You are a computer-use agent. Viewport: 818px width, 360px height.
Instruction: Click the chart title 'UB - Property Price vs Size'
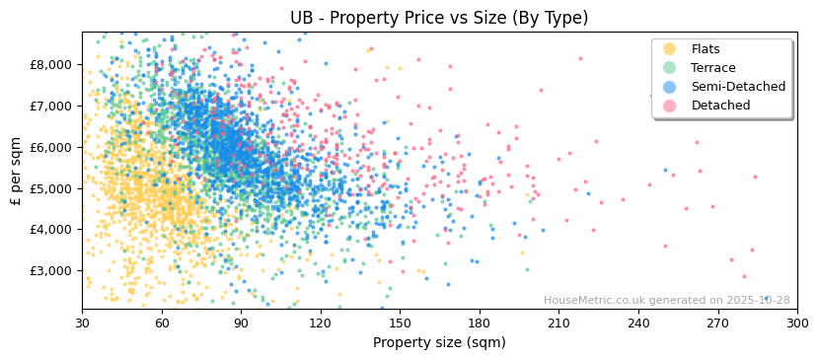(439, 18)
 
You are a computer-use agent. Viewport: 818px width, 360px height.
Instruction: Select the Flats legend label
(706, 49)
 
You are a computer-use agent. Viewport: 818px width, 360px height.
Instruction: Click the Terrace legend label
(713, 68)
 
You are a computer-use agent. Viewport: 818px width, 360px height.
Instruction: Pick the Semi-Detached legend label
(738, 87)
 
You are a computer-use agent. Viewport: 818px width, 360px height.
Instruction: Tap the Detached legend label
(720, 106)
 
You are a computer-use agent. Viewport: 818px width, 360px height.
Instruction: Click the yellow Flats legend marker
(670, 49)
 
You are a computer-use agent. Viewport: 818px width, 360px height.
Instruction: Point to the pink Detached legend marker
(670, 106)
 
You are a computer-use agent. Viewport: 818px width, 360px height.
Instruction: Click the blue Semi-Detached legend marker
(670, 87)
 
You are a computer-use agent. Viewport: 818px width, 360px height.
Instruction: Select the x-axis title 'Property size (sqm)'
(439, 343)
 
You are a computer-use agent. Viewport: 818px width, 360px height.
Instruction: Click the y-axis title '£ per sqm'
(16, 171)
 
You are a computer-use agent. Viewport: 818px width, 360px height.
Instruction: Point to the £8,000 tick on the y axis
(50, 64)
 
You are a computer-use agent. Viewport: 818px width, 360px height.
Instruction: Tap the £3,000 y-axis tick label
(50, 270)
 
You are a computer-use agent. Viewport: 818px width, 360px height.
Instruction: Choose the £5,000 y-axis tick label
(50, 187)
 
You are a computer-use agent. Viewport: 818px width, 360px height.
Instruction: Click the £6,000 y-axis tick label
(50, 147)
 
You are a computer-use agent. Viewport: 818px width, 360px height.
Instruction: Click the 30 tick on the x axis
(82, 323)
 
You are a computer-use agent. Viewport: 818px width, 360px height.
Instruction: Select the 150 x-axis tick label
(400, 323)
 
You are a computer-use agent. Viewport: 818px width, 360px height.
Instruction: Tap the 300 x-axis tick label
(797, 323)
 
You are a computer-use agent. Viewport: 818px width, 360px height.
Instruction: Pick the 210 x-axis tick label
(558, 323)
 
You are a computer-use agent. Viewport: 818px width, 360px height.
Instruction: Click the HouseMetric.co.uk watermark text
(666, 301)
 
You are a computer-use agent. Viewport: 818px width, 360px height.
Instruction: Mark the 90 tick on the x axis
(241, 323)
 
